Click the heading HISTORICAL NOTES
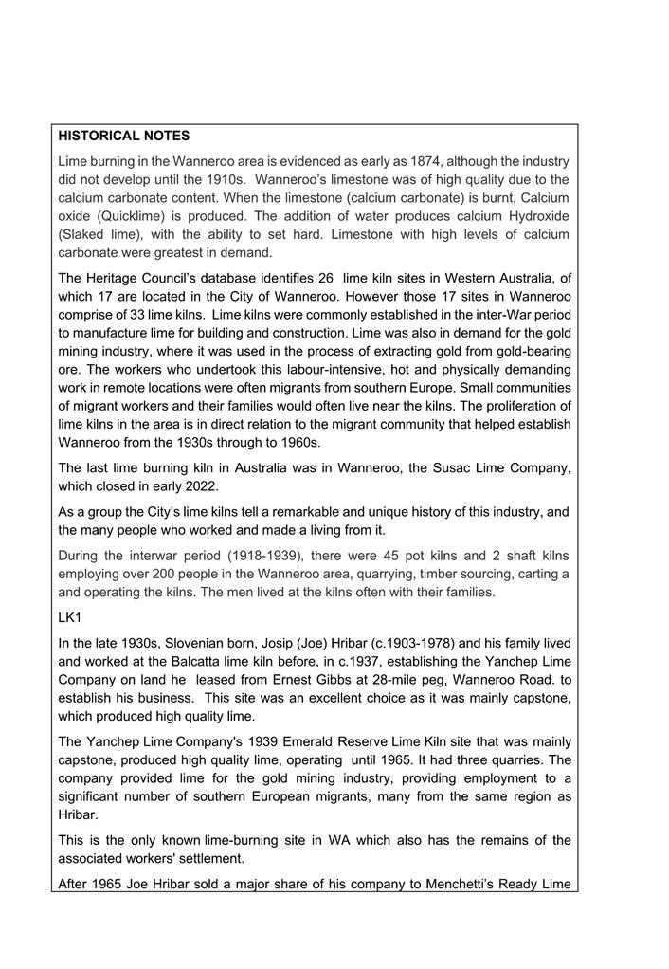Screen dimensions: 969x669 click(123, 137)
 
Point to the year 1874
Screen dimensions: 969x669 click(424, 161)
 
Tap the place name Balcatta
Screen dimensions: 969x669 click(202, 661)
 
